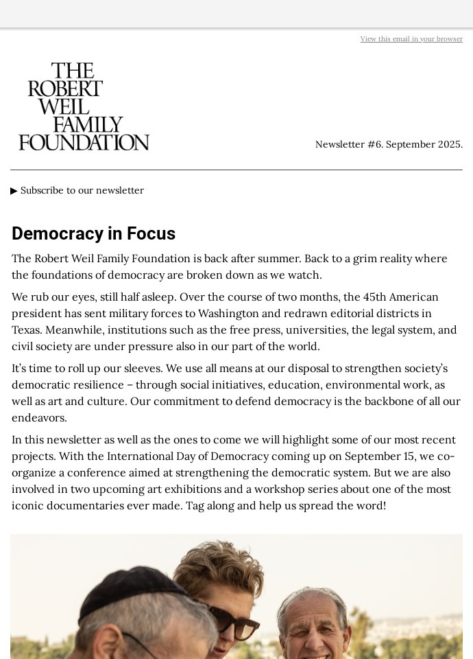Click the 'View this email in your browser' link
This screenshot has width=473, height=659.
[x=411, y=39]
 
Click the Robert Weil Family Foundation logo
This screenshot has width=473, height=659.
[x=84, y=106]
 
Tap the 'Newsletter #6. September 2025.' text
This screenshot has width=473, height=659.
[x=389, y=144]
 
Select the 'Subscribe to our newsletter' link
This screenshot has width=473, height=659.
[x=82, y=190]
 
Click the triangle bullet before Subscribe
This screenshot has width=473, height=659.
[x=14, y=191]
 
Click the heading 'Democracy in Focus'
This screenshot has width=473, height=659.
[x=93, y=233]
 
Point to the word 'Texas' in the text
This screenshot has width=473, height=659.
[x=27, y=329]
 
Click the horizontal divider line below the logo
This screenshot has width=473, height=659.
[x=236, y=170]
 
